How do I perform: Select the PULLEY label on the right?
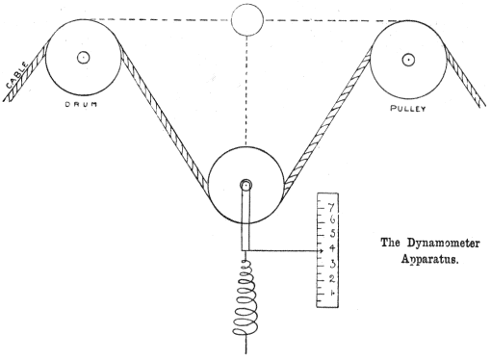tap(409, 109)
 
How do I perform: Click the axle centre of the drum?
tap(84, 56)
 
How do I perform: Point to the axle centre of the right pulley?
tap(409, 59)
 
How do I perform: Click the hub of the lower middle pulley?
tap(246, 186)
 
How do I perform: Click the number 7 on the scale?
tap(332, 207)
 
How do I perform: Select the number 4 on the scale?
tap(332, 248)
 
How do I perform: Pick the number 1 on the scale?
tap(332, 292)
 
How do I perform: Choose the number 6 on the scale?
tap(332, 220)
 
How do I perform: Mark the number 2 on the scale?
tap(332, 277)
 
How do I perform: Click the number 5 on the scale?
tap(332, 234)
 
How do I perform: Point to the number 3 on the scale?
tap(332, 263)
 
